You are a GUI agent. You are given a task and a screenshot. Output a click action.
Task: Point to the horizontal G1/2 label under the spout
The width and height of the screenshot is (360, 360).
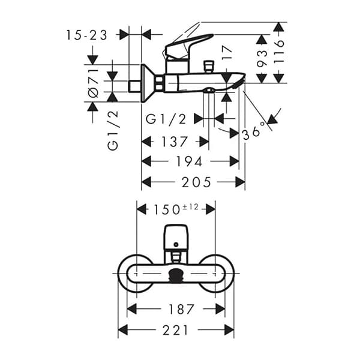pyautogui.click(x=166, y=119)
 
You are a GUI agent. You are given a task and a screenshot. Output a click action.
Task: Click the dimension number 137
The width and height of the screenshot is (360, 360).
pyautogui.click(x=175, y=142)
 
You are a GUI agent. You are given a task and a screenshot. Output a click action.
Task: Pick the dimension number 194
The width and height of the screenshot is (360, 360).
pyautogui.click(x=190, y=161)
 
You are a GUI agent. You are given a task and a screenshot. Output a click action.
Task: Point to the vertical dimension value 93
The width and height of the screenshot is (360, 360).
pyautogui.click(x=262, y=58)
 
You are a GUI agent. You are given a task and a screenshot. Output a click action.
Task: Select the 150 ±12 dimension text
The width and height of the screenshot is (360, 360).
pyautogui.click(x=175, y=208)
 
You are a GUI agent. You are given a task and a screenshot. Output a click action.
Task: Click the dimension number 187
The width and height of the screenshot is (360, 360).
pyautogui.click(x=181, y=309)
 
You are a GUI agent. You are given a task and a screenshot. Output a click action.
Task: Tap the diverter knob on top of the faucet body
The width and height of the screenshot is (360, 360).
pyautogui.click(x=209, y=64)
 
